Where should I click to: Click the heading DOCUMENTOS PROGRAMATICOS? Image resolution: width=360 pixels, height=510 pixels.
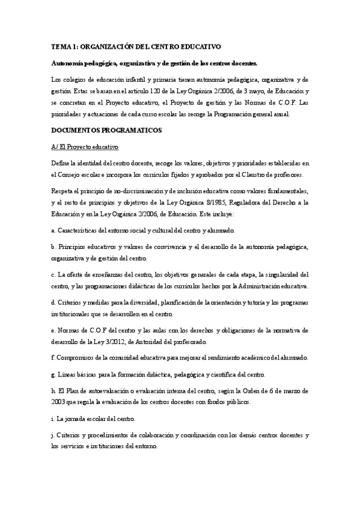[x=98, y=131]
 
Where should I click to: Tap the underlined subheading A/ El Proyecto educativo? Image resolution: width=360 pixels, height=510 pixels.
[x=85, y=147]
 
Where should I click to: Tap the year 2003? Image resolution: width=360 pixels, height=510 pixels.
[x=59, y=402]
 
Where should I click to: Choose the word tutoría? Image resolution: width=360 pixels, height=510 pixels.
[x=256, y=303]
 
